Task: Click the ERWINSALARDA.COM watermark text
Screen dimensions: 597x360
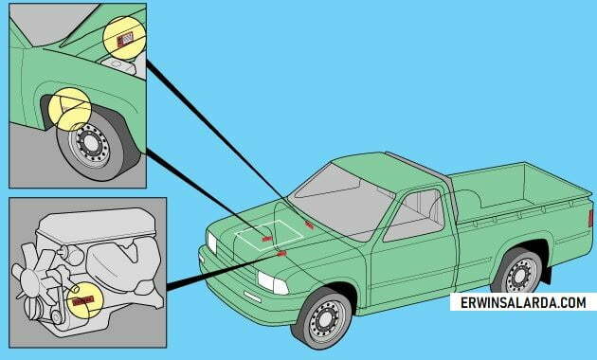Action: (x=523, y=303)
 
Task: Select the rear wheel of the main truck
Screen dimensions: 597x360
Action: (x=517, y=274)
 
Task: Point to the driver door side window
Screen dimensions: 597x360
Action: (x=415, y=216)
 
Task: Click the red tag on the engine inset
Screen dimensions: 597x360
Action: (x=82, y=300)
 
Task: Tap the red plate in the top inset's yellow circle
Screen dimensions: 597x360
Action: (x=125, y=39)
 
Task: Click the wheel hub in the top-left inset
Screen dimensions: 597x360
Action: (x=91, y=143)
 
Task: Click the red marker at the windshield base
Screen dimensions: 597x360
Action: (x=309, y=225)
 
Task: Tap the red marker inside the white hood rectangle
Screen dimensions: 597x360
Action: (x=267, y=239)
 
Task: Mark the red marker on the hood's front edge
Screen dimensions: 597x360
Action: (x=281, y=254)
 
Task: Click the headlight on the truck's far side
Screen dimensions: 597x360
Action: (x=211, y=243)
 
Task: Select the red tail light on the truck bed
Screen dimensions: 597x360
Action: (x=591, y=219)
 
